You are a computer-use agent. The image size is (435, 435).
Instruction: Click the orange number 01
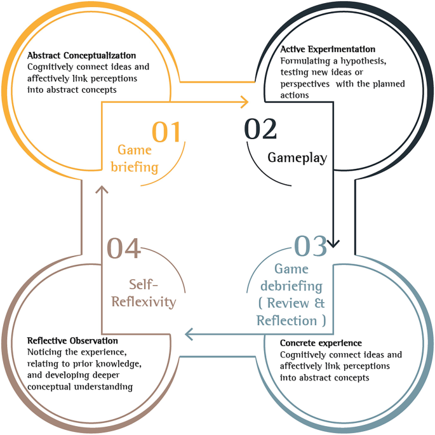click(x=166, y=132)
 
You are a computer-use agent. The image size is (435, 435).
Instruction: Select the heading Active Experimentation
click(x=328, y=49)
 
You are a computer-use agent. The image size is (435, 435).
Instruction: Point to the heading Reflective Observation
click(x=72, y=341)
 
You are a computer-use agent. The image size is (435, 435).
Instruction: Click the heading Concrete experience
click(x=321, y=344)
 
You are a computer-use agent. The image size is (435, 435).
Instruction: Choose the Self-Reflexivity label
click(x=144, y=293)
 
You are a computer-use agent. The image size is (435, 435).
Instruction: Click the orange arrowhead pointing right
click(x=244, y=100)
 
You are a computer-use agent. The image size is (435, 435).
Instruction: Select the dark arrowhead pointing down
click(x=334, y=243)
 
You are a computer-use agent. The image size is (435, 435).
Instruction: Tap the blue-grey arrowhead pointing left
click(x=189, y=333)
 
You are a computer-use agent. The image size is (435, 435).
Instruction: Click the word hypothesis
click(x=365, y=62)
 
